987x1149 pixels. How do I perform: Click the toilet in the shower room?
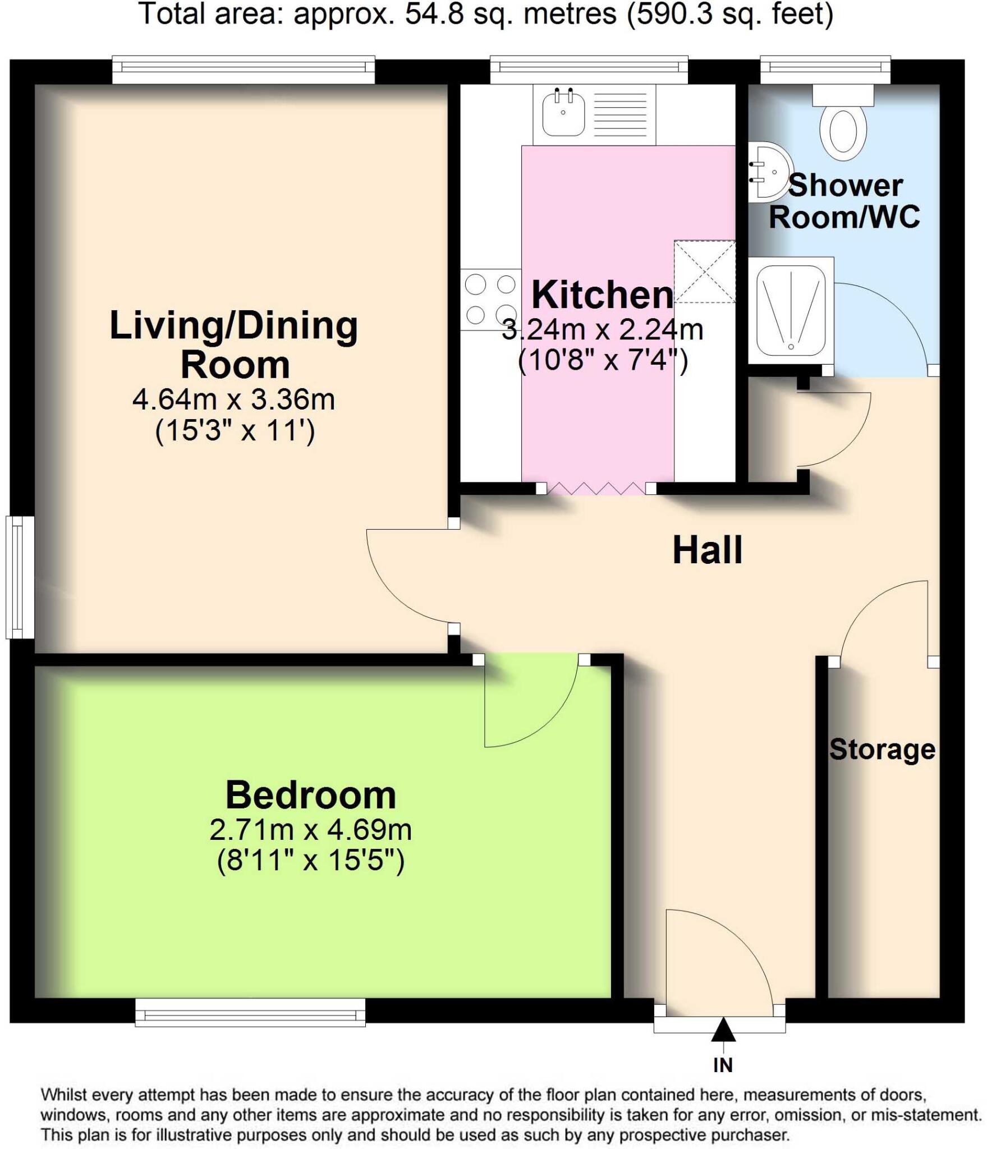843,129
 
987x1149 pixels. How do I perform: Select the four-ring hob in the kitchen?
490,300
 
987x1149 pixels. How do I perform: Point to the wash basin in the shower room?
772,172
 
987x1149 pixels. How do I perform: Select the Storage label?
882,750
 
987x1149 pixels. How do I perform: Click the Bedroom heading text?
311,795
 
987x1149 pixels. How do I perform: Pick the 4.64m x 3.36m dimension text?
233,400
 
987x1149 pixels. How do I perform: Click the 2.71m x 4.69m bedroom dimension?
311,830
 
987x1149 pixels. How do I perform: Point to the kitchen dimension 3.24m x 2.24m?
602,330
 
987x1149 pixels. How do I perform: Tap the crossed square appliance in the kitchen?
705,272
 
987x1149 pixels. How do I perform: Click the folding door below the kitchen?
595,488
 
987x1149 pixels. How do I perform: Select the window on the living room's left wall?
20,577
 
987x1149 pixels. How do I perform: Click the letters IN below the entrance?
723,1064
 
